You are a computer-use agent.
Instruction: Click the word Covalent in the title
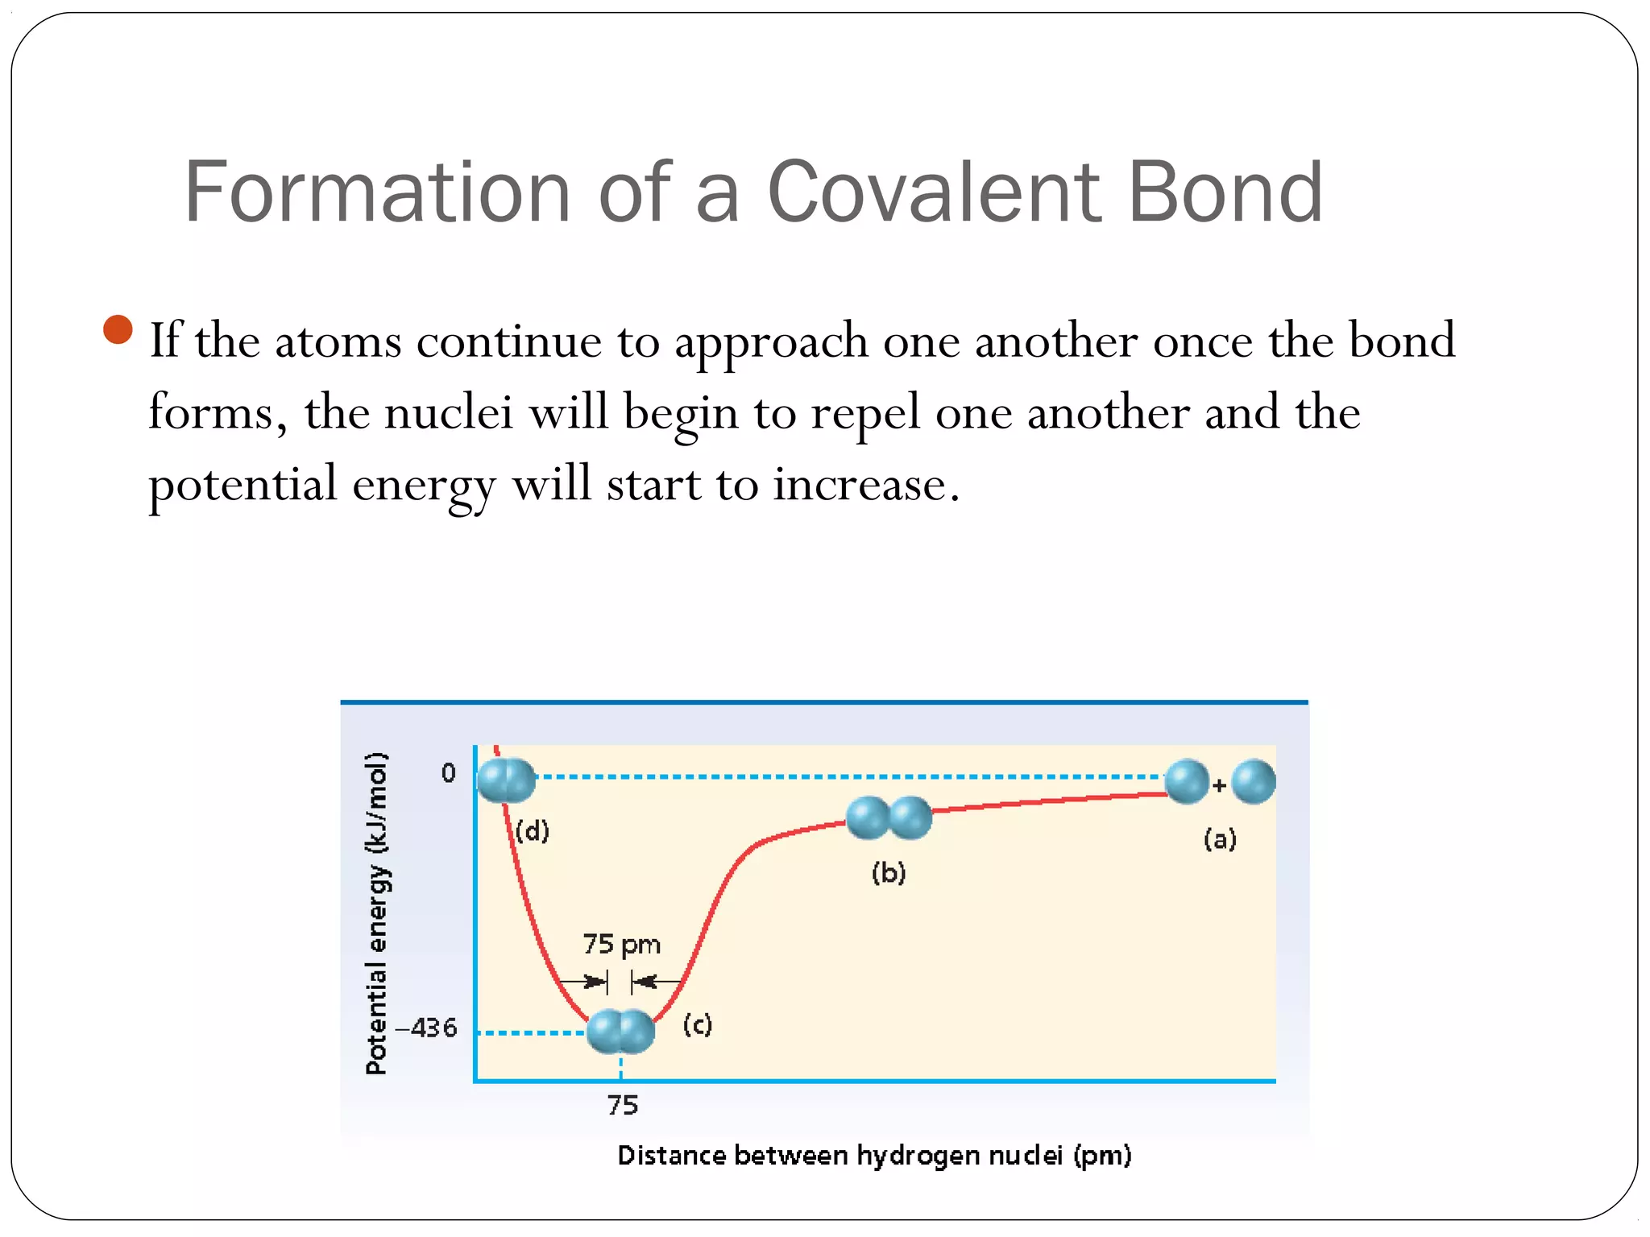(935, 192)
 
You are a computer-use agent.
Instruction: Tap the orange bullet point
(118, 329)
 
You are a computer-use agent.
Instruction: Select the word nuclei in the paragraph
(449, 412)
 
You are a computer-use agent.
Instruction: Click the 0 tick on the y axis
(448, 773)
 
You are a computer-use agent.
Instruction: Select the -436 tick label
(425, 1028)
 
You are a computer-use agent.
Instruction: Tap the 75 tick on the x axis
(622, 1105)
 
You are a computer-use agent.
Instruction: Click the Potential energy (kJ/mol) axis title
(376, 913)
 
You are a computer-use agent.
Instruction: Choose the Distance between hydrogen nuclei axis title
(874, 1156)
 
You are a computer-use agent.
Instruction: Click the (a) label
(1220, 840)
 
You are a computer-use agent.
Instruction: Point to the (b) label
(889, 873)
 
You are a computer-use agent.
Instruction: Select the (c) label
(697, 1025)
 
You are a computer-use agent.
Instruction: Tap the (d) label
(533, 830)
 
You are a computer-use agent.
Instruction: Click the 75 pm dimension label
(621, 944)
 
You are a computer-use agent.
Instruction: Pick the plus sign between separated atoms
(1220, 785)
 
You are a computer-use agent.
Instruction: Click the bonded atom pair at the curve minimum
(620, 1032)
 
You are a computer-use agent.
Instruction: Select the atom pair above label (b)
(889, 818)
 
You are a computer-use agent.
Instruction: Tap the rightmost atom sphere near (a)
(1254, 782)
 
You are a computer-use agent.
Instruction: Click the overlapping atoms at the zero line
(506, 780)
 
